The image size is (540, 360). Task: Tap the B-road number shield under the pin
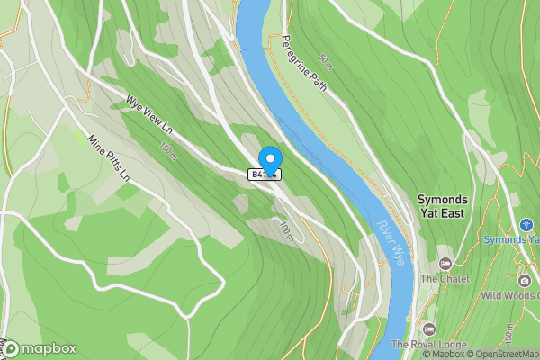click(266, 175)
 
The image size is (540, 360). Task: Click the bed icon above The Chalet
click(445, 263)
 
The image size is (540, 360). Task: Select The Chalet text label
click(443, 278)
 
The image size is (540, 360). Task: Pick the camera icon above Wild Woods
click(525, 280)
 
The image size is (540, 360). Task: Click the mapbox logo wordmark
click(40, 348)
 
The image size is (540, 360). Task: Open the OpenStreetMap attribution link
click(499, 354)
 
